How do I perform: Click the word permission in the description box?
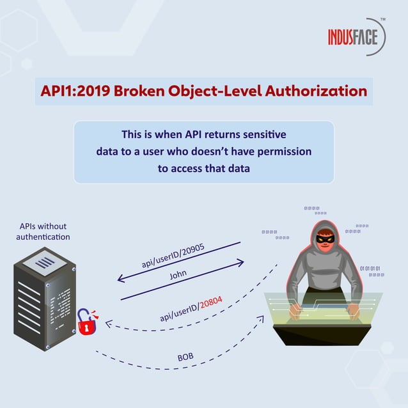click(x=283, y=152)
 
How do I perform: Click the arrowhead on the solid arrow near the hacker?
click(x=241, y=262)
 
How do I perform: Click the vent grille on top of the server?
click(x=44, y=262)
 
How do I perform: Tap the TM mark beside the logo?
click(x=383, y=20)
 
